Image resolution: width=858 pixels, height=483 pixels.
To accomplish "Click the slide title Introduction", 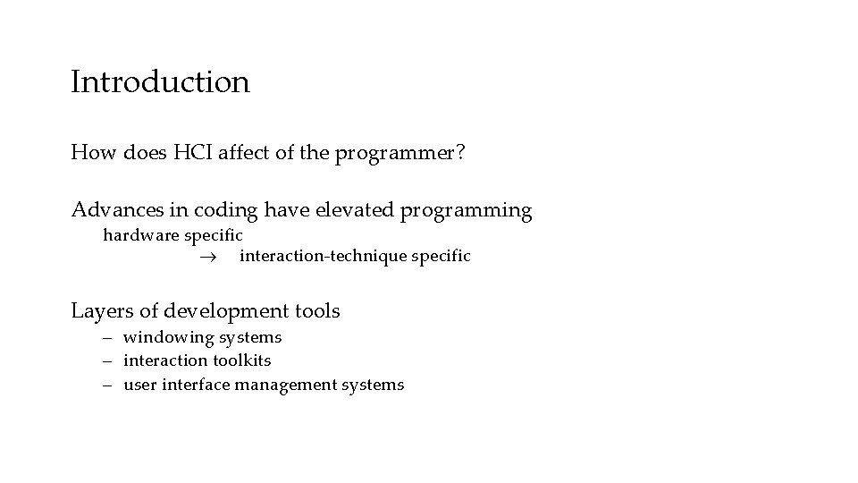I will (x=160, y=82).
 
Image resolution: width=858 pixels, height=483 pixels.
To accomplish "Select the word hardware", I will (x=140, y=235).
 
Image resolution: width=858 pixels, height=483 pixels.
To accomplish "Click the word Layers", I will (x=100, y=311).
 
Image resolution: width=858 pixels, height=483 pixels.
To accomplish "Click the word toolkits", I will (x=242, y=360).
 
